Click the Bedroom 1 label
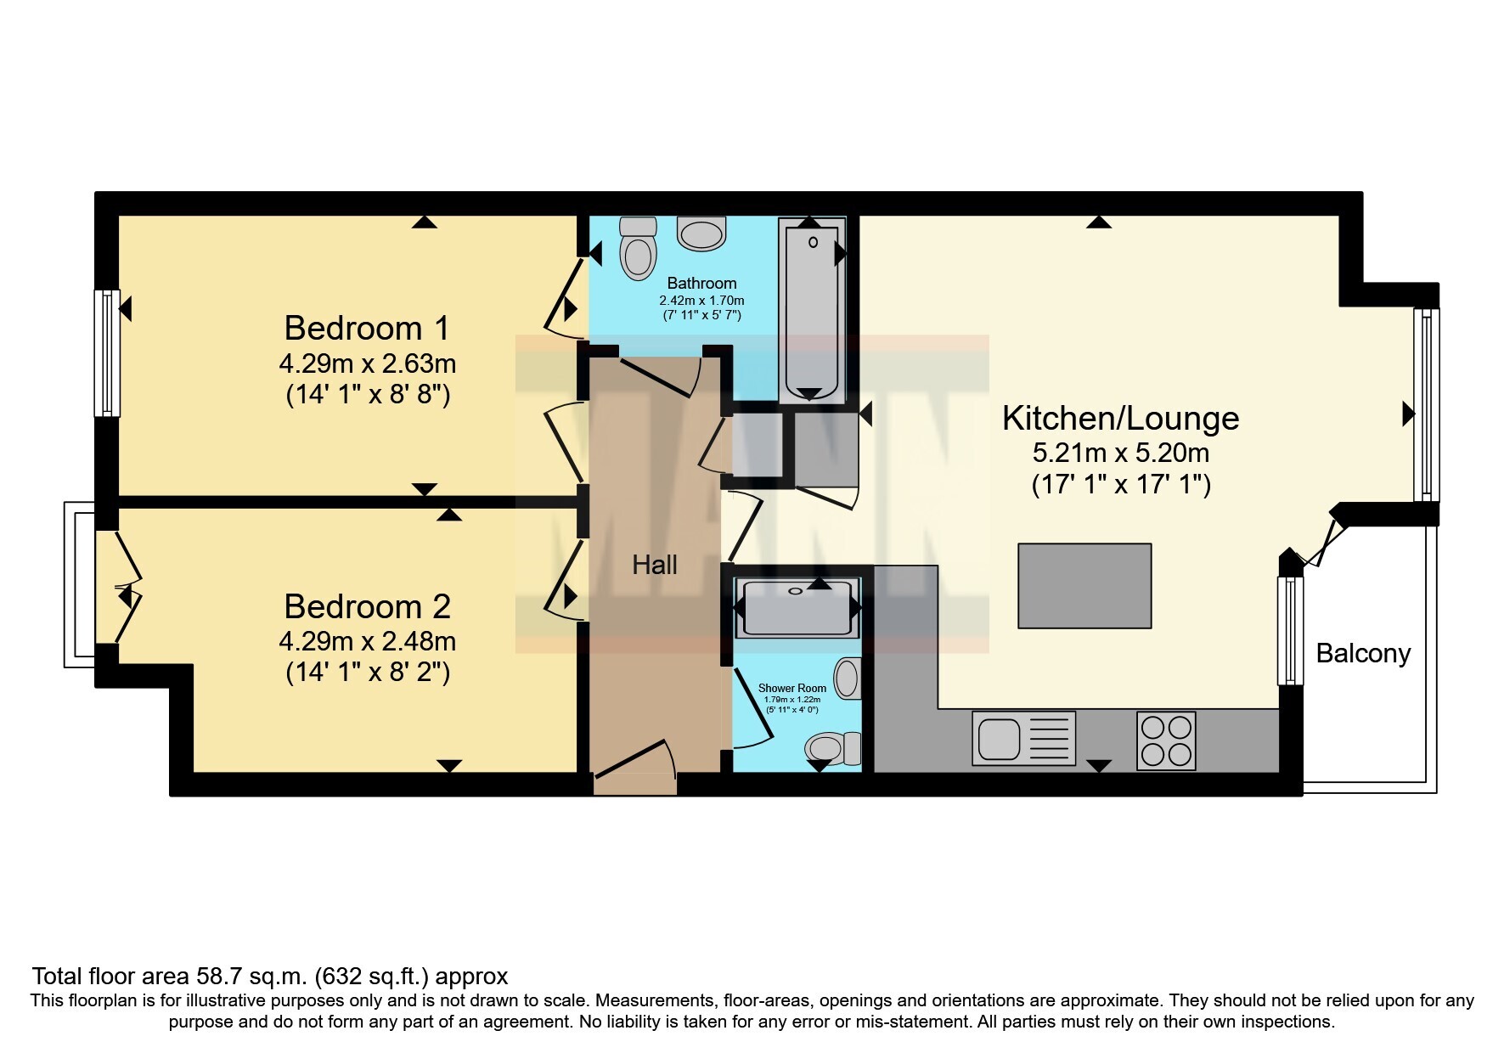(366, 328)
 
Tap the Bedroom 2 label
(367, 606)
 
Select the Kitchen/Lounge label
(1120, 419)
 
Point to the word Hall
(654, 565)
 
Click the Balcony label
(1363, 653)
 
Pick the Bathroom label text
(701, 283)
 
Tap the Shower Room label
(791, 688)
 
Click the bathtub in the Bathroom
(812, 309)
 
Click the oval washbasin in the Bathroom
(702, 234)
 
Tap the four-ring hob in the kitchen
(1166, 741)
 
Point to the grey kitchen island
(1084, 586)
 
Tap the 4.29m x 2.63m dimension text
(367, 364)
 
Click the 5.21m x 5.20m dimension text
(1121, 453)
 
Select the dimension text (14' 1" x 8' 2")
(368, 673)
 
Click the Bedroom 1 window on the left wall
(106, 352)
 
